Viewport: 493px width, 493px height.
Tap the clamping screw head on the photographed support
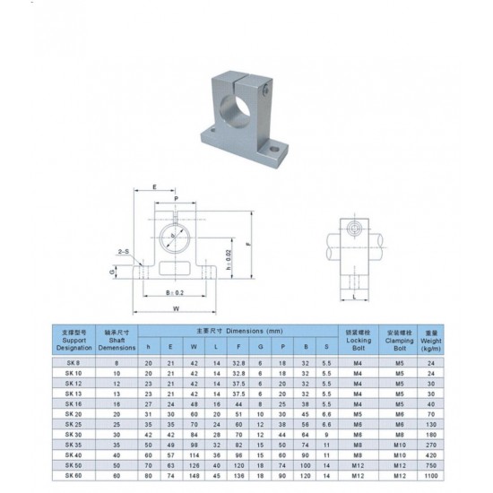(x=266, y=90)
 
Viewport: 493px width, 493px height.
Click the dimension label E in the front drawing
(x=156, y=189)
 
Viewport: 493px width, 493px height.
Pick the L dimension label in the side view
(x=356, y=293)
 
